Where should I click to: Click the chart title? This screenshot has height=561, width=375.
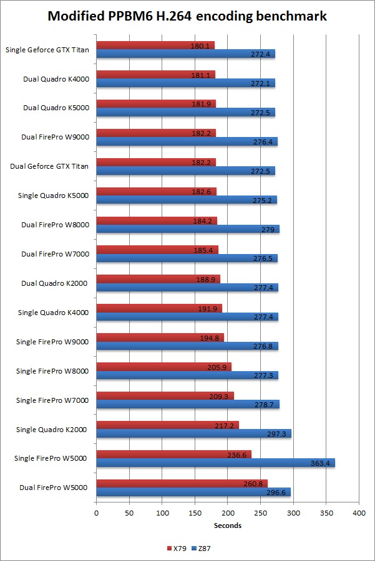tap(187, 17)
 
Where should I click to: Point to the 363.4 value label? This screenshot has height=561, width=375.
tap(319, 463)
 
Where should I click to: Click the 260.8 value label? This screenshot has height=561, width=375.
tap(255, 484)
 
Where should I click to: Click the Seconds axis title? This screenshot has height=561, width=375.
tap(227, 526)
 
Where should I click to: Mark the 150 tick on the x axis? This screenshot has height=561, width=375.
tap(195, 512)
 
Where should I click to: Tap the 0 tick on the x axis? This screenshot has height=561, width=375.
tap(96, 512)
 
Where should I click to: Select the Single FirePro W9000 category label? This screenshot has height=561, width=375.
tap(52, 342)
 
